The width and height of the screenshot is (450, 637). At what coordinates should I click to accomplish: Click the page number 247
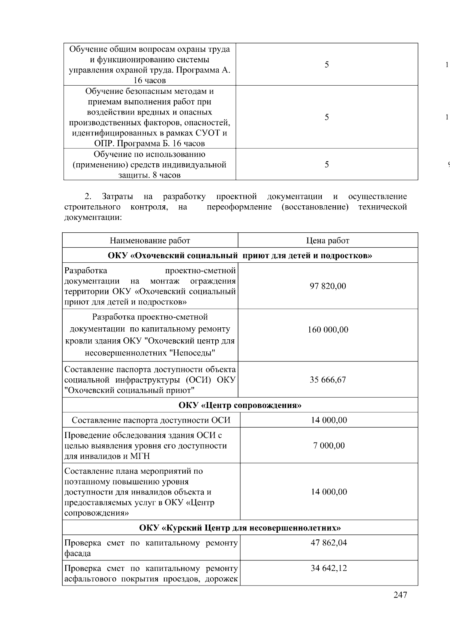tap(400, 595)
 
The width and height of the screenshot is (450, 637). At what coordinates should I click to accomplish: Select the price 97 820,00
tap(328, 286)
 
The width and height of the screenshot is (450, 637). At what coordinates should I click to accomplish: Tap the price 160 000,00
tap(328, 330)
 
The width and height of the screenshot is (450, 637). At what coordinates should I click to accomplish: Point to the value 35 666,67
tap(328, 380)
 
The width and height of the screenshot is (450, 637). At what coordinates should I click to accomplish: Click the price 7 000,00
tap(329, 446)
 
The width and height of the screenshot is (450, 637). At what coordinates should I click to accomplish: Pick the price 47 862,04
tap(329, 543)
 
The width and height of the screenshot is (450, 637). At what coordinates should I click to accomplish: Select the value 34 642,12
tap(329, 568)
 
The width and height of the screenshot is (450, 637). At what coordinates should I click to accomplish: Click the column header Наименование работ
tap(150, 241)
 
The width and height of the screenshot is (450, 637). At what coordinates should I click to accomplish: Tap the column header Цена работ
tap(328, 241)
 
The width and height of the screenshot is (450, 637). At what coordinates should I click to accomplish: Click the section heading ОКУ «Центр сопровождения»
tap(240, 405)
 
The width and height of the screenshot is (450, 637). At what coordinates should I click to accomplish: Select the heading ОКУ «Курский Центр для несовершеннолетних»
tap(240, 528)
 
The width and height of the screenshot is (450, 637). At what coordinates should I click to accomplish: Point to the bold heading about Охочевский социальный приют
tap(240, 256)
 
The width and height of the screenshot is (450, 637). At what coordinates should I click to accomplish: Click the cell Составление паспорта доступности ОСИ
tap(151, 420)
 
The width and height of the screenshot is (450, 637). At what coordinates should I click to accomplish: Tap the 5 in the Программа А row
tap(327, 65)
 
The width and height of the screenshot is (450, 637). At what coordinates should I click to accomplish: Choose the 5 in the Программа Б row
tap(327, 117)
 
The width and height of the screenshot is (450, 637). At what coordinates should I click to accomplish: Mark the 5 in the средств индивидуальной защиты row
tap(327, 164)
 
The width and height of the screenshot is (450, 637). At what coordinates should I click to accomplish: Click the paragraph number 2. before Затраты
tap(88, 197)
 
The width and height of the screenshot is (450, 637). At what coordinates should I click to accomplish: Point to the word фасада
tap(78, 553)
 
